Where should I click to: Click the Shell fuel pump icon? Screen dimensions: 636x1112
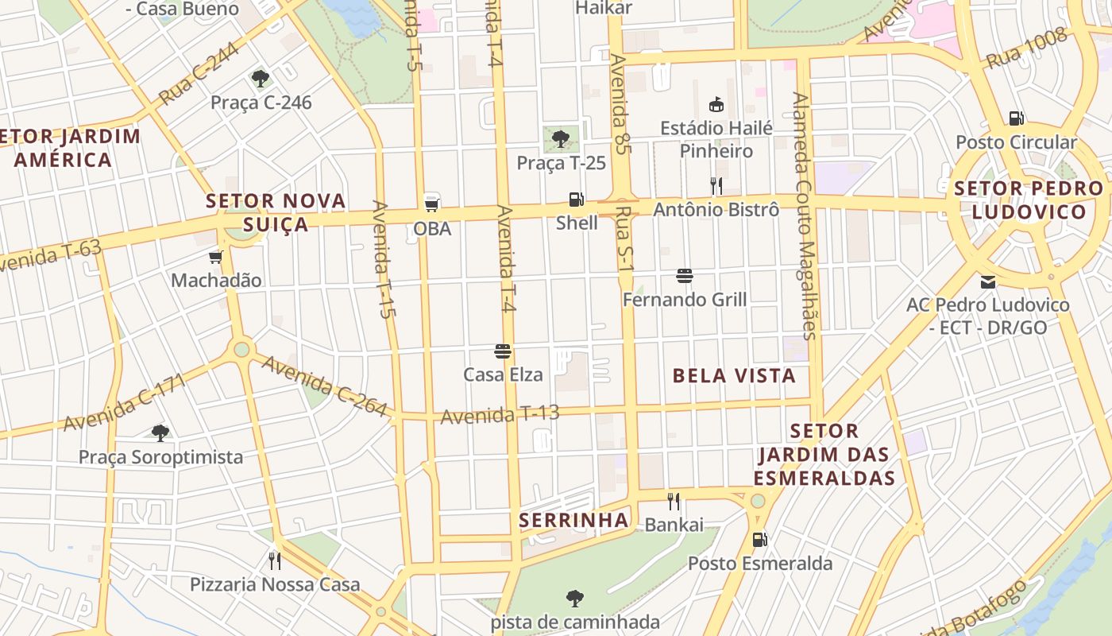tap(576, 200)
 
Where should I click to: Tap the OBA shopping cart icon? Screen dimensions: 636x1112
tap(432, 203)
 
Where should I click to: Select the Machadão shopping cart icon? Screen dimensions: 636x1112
tap(215, 257)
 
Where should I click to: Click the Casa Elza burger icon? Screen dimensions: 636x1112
tap(502, 351)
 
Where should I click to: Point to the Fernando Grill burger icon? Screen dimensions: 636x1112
tap(685, 276)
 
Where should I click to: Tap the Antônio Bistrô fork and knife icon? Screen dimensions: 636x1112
tap(716, 186)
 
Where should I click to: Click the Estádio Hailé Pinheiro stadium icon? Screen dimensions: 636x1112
tap(716, 104)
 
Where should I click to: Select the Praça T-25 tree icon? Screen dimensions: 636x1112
tap(561, 139)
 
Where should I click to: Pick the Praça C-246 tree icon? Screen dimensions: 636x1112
tap(260, 78)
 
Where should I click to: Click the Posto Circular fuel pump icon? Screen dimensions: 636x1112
tap(1016, 118)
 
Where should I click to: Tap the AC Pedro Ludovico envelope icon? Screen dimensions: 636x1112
tap(988, 281)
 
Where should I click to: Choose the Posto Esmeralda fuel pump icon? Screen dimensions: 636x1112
tap(759, 540)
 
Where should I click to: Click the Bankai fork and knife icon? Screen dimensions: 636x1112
tap(674, 501)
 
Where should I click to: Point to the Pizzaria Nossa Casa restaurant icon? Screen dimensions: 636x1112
tap(274, 560)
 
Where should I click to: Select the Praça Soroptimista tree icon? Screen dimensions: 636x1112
tap(160, 432)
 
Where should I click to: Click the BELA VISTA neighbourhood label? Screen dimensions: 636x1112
tap(733, 376)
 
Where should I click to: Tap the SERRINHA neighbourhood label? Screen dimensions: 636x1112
tap(573, 521)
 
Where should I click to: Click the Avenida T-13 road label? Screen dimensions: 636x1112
tap(500, 414)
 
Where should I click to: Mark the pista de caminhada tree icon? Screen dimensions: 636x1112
tap(575, 598)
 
